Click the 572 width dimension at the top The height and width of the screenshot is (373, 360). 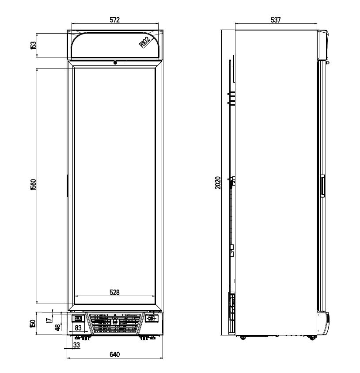tap(114, 20)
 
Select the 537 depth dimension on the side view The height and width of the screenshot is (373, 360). tap(276, 20)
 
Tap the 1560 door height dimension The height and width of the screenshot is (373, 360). tap(33, 185)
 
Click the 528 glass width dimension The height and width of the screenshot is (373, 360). tap(114, 292)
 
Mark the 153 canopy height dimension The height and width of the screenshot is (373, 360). tap(33, 45)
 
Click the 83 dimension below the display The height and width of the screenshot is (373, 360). tap(77, 328)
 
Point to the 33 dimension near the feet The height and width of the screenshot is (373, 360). tap(77, 346)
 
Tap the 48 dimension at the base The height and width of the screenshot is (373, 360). tap(57, 327)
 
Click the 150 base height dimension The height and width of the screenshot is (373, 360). tap(33, 324)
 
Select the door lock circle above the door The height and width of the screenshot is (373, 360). tap(115, 63)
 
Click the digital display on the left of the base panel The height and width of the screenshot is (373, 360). tap(78, 318)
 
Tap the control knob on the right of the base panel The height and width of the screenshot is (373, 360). tap(152, 318)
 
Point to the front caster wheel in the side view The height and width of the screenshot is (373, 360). tap(312, 338)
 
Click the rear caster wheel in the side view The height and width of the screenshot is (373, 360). tap(243, 338)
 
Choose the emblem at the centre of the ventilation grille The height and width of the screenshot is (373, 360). tap(115, 322)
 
